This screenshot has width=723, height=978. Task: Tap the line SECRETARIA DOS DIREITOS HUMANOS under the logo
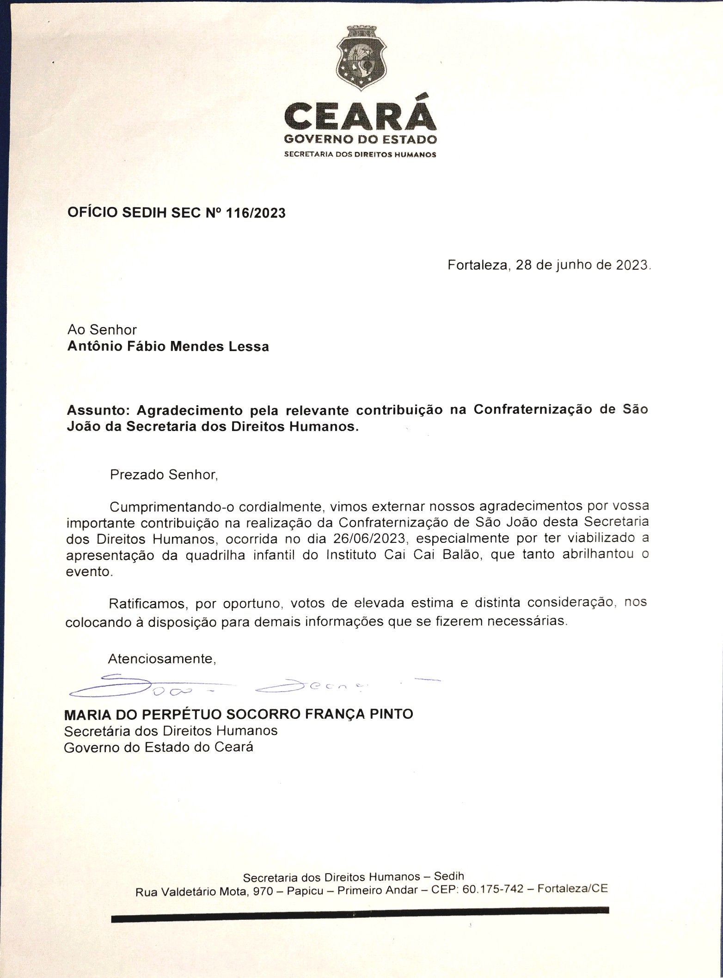tap(360, 154)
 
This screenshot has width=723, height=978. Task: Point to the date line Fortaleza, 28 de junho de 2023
tap(549, 266)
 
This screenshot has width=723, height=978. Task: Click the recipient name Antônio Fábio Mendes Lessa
tap(168, 346)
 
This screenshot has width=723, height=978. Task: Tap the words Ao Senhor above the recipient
tap(102, 329)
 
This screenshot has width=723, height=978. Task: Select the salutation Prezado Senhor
tap(163, 474)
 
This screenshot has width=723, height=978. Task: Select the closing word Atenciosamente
tap(162, 659)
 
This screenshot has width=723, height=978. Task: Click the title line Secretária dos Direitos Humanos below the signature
tap(171, 730)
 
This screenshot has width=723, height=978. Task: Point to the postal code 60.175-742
tap(493, 889)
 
